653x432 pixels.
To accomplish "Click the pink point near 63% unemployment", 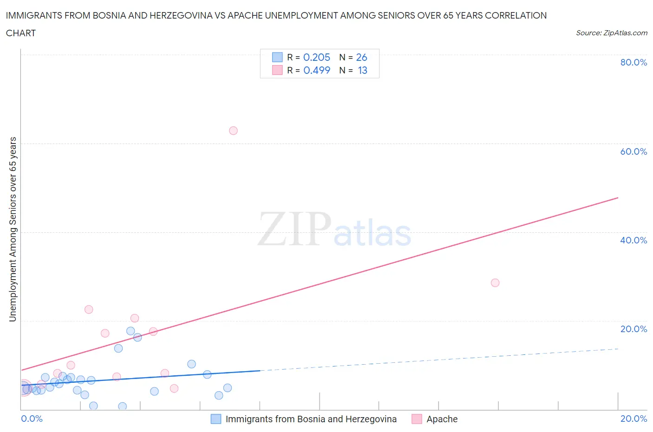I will coord(233,131).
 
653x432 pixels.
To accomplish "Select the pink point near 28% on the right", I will coord(495,283).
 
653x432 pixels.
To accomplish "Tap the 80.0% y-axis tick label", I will coord(633,62).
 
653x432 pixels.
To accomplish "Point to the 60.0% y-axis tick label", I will coord(633,151).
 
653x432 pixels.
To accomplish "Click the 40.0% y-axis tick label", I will coord(633,240).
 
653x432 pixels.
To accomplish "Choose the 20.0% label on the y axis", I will coord(633,329).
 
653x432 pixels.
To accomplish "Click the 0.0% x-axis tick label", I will coord(32,419).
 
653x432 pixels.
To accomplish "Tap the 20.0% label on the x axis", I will coord(633,419).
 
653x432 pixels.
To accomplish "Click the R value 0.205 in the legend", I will coord(316,57).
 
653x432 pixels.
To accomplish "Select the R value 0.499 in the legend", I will coord(316,70).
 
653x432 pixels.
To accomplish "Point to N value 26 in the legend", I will coord(361,57).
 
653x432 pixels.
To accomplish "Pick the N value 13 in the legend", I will coord(362,70).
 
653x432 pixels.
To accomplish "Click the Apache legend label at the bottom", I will coord(442,419).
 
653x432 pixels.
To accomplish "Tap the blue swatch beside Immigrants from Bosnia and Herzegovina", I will coord(215,419).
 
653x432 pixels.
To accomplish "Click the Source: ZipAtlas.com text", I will coord(611,33).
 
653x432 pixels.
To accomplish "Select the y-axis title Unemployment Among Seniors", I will coord(13,229).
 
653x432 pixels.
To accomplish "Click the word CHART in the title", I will coord(21,33).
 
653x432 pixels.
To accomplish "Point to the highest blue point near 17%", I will coord(131,331).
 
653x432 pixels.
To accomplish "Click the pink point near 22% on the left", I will coord(89,309).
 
